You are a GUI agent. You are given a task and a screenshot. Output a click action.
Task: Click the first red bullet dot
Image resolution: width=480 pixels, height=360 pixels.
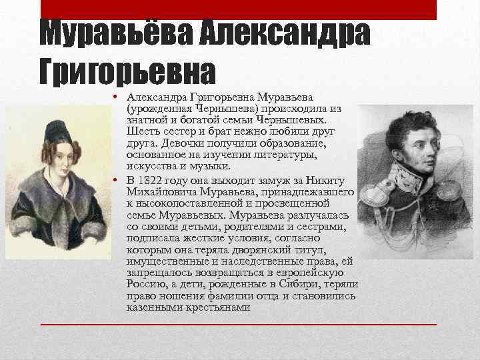pyautogui.click(x=116, y=97)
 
